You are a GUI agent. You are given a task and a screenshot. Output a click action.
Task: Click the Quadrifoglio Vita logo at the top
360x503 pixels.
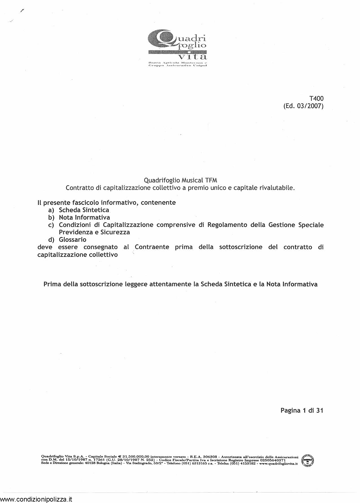click(x=177, y=48)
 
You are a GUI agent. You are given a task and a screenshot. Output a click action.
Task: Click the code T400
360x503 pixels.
click(x=316, y=99)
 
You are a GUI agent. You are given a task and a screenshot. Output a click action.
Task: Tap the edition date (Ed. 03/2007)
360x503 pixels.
click(x=303, y=106)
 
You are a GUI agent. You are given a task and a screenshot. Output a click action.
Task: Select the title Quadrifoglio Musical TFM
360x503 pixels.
click(x=180, y=180)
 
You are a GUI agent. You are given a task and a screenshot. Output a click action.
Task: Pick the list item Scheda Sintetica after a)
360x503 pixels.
click(x=84, y=210)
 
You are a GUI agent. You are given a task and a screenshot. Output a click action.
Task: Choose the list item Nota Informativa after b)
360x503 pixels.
click(x=84, y=217)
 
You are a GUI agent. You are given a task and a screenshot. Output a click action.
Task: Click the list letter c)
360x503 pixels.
click(x=51, y=225)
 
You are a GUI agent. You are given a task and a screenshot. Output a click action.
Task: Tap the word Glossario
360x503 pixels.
click(x=73, y=240)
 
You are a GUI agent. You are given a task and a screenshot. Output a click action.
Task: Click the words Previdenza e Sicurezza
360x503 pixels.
click(x=94, y=232)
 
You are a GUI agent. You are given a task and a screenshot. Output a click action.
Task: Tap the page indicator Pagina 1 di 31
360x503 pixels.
click(x=302, y=410)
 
